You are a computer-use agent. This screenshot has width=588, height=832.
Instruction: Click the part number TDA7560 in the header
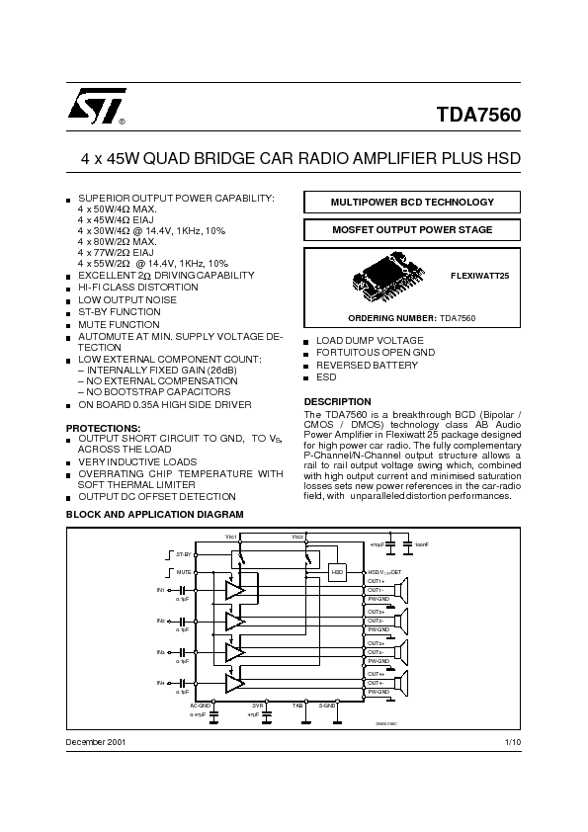coord(478,114)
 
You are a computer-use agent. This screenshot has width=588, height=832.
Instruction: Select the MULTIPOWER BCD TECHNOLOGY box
coord(412,202)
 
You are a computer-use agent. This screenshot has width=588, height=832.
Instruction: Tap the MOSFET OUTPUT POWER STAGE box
coord(412,230)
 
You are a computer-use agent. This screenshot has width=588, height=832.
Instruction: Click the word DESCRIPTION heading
coord(337,401)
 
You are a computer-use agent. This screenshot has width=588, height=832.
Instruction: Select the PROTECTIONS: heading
coord(103,428)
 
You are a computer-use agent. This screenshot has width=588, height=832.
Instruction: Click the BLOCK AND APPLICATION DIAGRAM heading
coord(153,515)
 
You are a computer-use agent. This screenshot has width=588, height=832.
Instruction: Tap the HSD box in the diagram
coord(337,572)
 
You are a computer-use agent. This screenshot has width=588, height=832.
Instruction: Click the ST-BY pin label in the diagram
coord(182,555)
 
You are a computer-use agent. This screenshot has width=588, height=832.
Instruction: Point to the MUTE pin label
coord(183,572)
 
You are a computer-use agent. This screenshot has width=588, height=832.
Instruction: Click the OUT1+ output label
coord(376,581)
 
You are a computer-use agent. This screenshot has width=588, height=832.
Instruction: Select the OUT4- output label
coord(376,683)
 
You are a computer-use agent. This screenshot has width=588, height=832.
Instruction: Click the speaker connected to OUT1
coord(405,591)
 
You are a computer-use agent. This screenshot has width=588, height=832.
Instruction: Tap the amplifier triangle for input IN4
coord(234,683)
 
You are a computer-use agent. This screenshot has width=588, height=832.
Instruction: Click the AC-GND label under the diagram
coord(201,705)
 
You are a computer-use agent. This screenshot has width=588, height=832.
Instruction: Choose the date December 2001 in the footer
coord(96,741)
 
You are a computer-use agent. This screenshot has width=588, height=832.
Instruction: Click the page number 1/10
coord(512,741)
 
